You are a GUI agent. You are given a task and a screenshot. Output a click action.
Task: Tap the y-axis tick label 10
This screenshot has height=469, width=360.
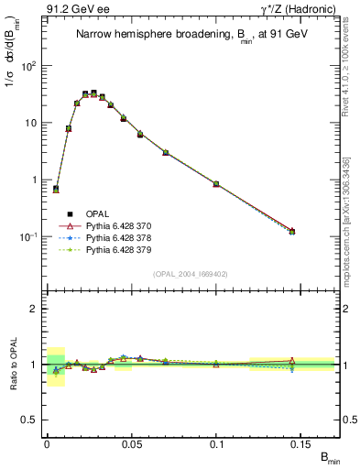(30, 123)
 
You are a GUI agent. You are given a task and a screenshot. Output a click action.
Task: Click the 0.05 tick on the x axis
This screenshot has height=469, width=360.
(132, 443)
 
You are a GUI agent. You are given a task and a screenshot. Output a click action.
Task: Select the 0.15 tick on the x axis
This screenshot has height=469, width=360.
(302, 443)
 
